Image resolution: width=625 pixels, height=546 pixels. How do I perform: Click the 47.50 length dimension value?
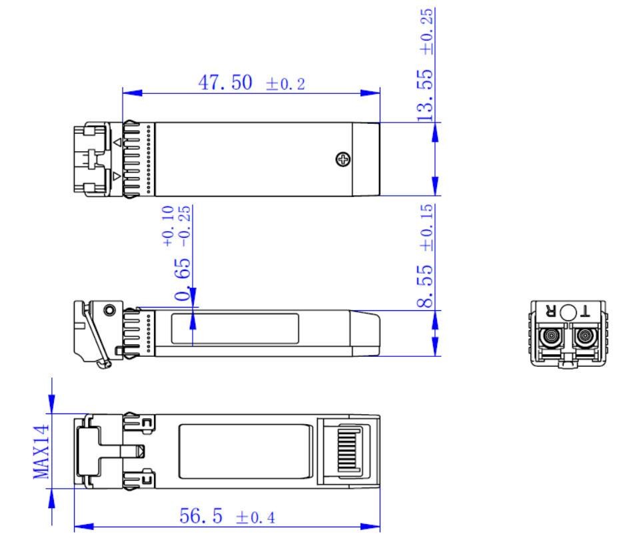pyautogui.click(x=225, y=83)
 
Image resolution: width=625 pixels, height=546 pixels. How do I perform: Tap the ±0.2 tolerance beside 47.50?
pyautogui.click(x=285, y=84)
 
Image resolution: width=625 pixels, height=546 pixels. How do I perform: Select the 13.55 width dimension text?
pyautogui.click(x=425, y=96)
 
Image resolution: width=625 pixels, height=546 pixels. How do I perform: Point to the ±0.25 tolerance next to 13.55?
pyautogui.click(x=426, y=31)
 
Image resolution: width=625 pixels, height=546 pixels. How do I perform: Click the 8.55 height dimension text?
pyautogui.click(x=425, y=286)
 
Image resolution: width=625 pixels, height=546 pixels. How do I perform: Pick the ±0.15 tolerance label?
pyautogui.click(x=426, y=228)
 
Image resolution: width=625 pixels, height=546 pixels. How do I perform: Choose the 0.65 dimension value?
pyautogui.click(x=183, y=279)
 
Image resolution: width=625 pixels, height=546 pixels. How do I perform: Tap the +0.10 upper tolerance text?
pyautogui.click(x=168, y=226)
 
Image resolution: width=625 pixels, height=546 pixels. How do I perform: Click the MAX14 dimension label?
pyautogui.click(x=41, y=451)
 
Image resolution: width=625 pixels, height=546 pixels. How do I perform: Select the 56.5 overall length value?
pyautogui.click(x=201, y=516)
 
